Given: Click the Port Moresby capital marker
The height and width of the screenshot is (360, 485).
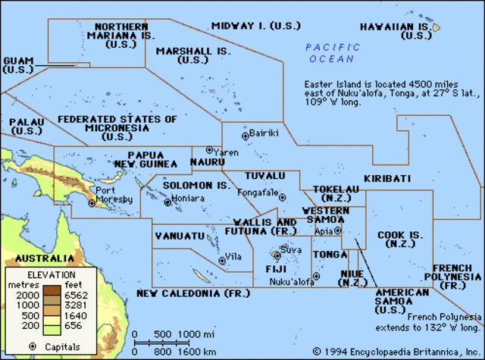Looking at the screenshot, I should pos(92,203).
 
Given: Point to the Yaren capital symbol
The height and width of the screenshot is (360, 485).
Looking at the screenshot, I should pos(209,150).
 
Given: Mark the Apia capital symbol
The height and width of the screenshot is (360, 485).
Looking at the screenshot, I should pos(338,230).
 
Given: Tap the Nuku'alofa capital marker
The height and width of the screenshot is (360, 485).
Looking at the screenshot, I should pos(317,276).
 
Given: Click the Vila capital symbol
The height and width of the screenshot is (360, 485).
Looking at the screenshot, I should pos(222,260).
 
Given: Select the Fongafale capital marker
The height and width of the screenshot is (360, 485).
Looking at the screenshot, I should pos(282,197).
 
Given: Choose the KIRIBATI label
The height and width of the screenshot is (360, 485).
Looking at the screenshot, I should pos(387,178).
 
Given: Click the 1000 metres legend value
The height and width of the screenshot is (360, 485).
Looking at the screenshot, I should pos(27,304).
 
